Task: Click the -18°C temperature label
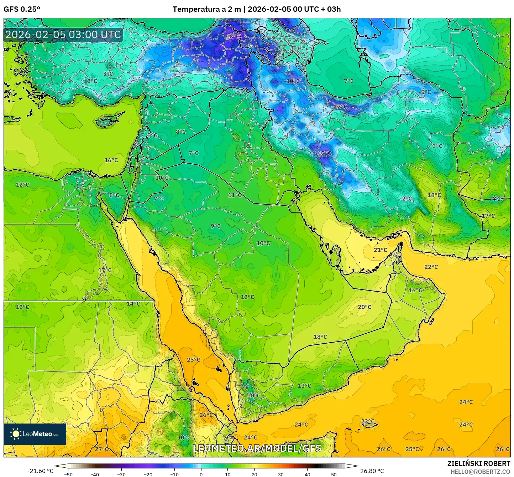coord(233,37)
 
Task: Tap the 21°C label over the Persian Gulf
coord(380,250)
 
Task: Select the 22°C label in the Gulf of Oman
coord(431,267)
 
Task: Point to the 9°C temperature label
coord(215,226)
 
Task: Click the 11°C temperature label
coord(235,195)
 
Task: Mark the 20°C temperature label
coord(364,307)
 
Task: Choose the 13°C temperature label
coord(304,386)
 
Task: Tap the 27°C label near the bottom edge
coord(101,449)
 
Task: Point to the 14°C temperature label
coord(133,304)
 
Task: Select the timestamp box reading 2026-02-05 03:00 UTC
coord(63,35)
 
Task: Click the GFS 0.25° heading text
coord(22,9)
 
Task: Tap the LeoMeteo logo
coord(35,434)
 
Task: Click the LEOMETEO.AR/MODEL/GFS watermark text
coord(257,448)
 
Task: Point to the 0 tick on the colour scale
coord(201,474)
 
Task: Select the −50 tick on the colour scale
coord(68,474)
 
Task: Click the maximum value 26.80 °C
coord(372,471)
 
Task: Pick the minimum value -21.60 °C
coord(40,471)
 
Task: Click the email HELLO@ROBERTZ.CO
coord(480,471)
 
